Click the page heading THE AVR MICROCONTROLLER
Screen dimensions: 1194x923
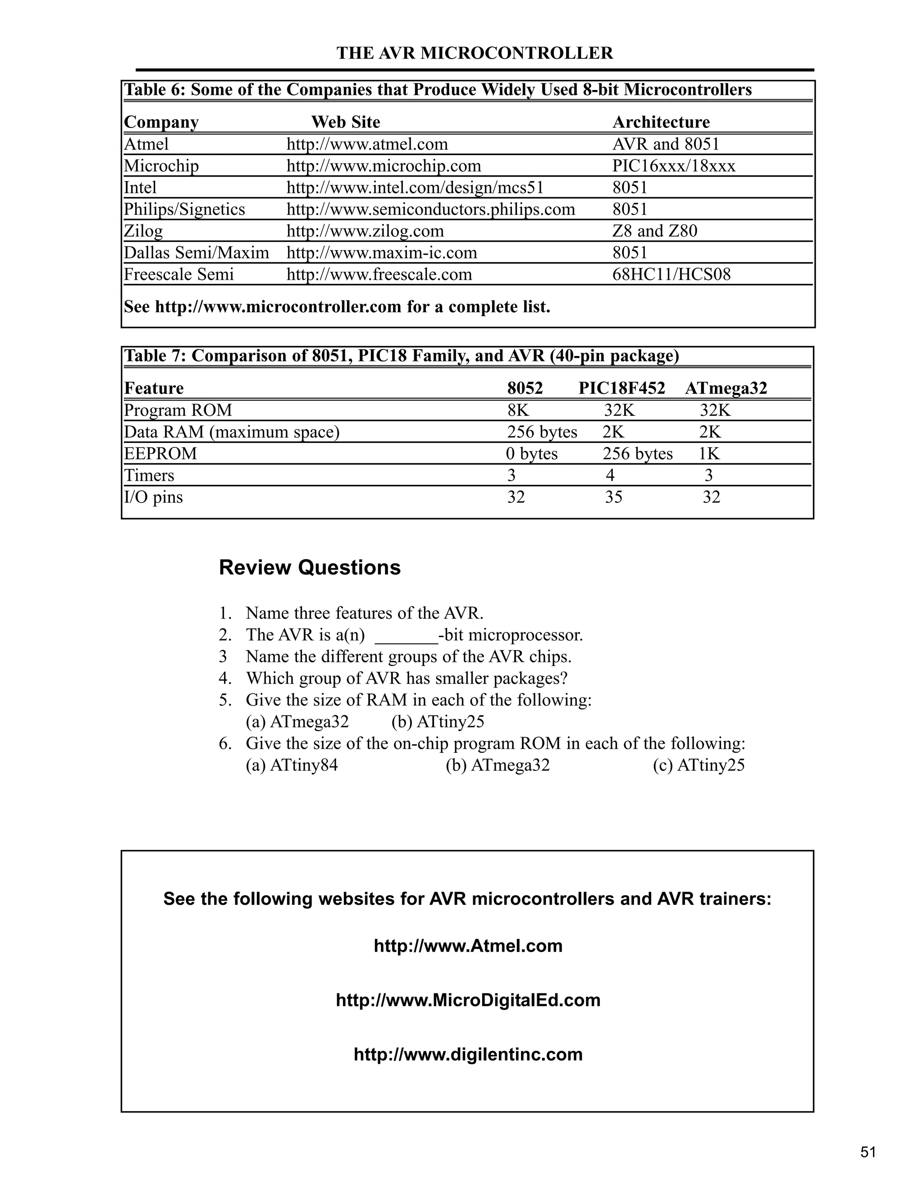coord(474,53)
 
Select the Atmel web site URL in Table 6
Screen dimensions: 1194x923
coord(367,144)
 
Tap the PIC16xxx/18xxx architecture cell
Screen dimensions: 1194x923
coord(674,166)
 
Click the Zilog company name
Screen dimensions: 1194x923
coord(143,231)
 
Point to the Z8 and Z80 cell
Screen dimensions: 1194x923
coord(654,231)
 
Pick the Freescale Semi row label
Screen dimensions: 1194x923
coord(178,274)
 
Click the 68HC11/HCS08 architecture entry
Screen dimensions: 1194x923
coord(671,274)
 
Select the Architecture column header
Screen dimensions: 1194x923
coord(661,122)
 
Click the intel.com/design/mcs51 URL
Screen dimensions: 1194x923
coord(415,188)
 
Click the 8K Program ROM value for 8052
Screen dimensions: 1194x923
coord(518,410)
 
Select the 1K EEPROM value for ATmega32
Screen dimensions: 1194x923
coord(709,454)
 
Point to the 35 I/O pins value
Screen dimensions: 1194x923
coord(613,497)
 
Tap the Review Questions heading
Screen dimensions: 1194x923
coord(310,567)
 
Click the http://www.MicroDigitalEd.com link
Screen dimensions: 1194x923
coord(468,1000)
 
